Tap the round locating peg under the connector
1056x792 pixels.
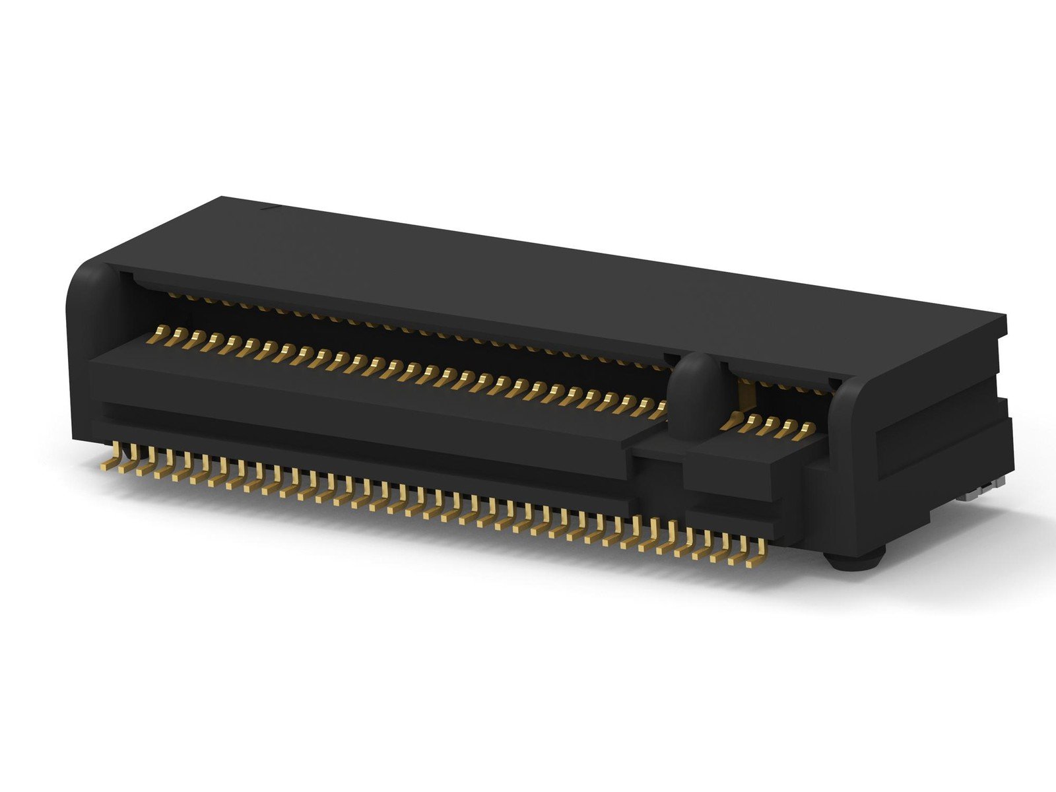click(x=854, y=561)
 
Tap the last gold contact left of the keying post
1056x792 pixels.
click(x=656, y=413)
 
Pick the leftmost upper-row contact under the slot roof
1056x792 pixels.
click(x=173, y=294)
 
